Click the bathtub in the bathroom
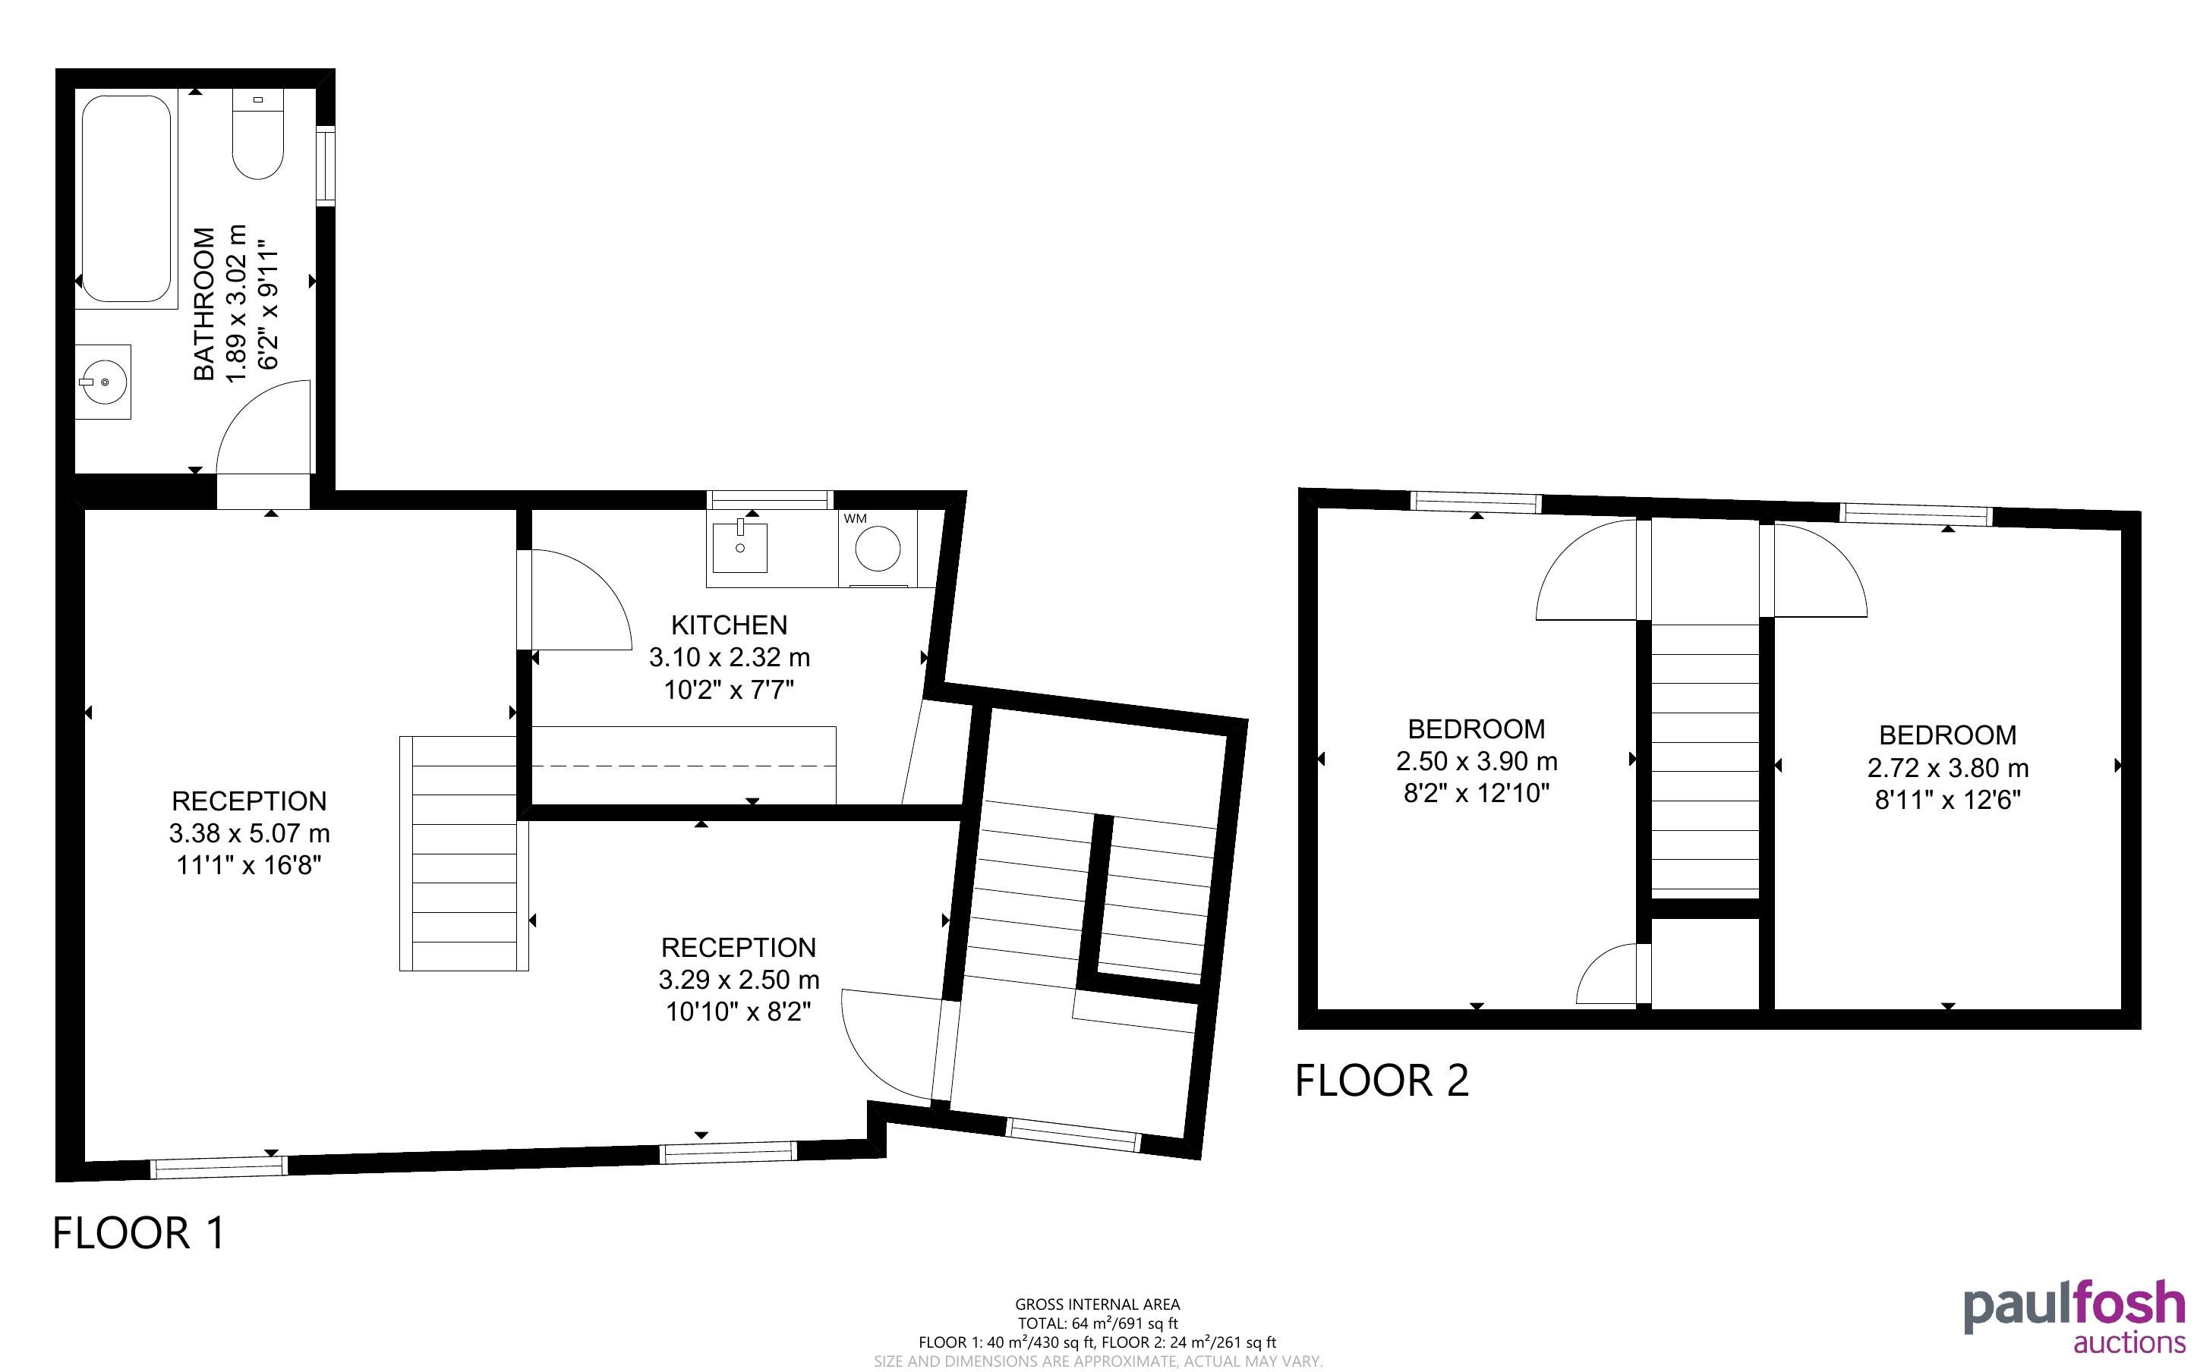[126, 200]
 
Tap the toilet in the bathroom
[257, 134]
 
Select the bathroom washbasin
[103, 382]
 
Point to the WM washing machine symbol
[878, 547]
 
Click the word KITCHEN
[729, 625]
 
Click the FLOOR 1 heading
[139, 1233]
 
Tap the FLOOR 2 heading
[1381, 1081]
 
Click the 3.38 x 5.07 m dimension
[250, 833]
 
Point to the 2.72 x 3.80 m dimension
[1947, 768]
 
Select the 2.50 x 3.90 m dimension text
[1477, 761]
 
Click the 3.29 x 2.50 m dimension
[739, 980]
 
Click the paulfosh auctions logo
[2075, 1317]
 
